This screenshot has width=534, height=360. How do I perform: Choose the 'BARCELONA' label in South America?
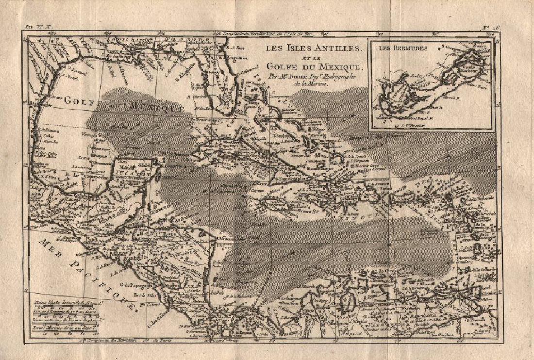coord(427,313)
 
